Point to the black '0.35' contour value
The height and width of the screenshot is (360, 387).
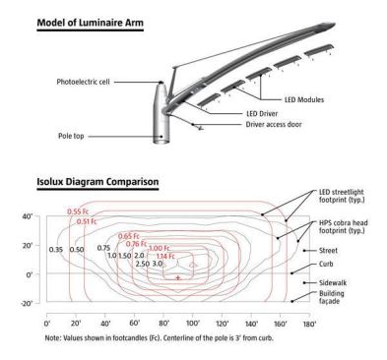click(x=56, y=250)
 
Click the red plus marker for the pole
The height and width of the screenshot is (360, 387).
click(x=178, y=278)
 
